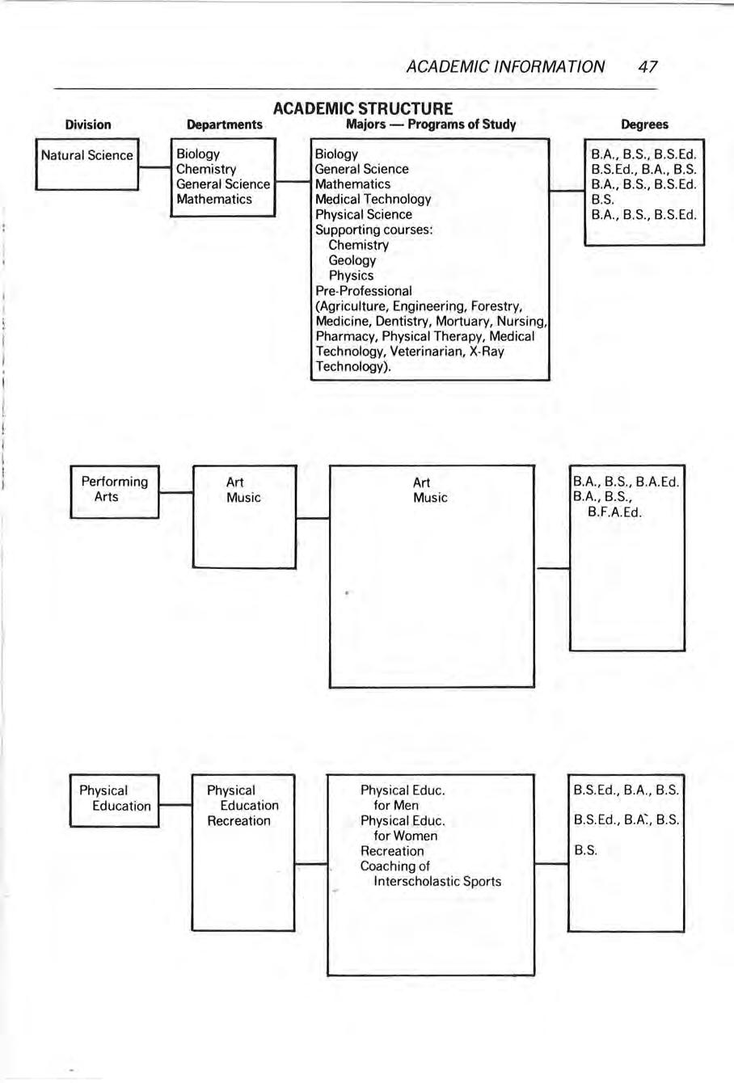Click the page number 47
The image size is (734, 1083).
coord(647,67)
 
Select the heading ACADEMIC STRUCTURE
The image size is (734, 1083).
coord(363,108)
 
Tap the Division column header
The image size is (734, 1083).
coord(88,124)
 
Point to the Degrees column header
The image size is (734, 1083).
coord(644,124)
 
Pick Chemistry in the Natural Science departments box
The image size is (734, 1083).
coord(206,169)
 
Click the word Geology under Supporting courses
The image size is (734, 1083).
coord(352,260)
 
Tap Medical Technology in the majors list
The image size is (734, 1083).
coord(373,199)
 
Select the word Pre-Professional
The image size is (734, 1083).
coord(363,291)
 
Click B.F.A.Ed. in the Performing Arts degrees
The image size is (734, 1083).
coord(615,512)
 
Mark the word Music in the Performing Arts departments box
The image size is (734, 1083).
coord(243,498)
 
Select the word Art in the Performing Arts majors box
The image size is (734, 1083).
coord(421,483)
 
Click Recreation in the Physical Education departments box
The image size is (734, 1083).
coord(238,821)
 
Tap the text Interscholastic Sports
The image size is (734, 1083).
coord(437,882)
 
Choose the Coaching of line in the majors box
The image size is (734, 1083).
coord(394,866)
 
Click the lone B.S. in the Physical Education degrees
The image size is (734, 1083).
coord(585,851)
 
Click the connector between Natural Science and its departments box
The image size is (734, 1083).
coord(153,169)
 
